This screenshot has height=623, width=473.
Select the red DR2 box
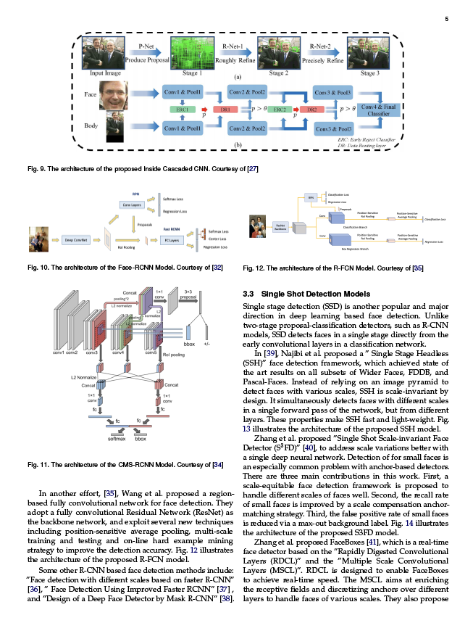coord(312,109)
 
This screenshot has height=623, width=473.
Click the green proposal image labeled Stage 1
coord(192,53)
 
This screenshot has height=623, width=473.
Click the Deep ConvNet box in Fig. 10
coord(75,239)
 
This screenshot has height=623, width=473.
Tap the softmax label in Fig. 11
coord(117,439)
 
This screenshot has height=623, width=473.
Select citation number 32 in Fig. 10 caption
coord(217,268)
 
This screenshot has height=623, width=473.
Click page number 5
coord(446,19)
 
